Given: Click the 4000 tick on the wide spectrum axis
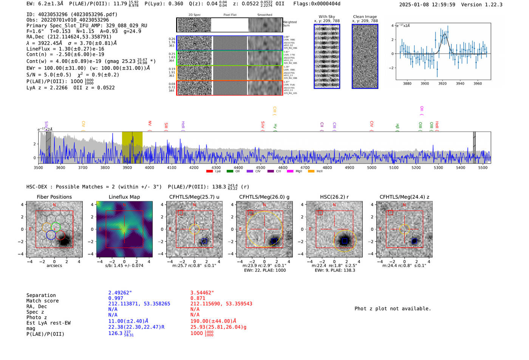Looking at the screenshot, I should [x=149, y=167].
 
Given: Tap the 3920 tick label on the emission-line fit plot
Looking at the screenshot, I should [x=442, y=83].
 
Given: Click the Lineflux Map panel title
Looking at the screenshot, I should [x=124, y=197].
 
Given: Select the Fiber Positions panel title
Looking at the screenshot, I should [x=54, y=197].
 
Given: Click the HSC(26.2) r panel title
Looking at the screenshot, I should [x=334, y=197].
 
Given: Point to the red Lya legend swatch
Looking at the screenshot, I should [x=209, y=172].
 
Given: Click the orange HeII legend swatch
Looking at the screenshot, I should [x=311, y=172].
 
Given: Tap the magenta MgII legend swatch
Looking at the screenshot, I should [x=290, y=172].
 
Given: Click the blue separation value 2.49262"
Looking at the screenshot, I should [x=120, y=293].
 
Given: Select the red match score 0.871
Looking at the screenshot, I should [x=198, y=298].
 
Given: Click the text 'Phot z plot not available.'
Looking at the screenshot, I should [x=393, y=309].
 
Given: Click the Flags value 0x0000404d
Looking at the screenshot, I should [x=326, y=4].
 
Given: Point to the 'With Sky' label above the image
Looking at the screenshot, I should [x=326, y=17].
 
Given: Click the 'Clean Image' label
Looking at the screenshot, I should [x=365, y=17].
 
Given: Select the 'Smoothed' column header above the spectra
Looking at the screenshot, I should [x=264, y=15].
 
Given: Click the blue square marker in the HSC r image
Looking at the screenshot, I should [x=345, y=241].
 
